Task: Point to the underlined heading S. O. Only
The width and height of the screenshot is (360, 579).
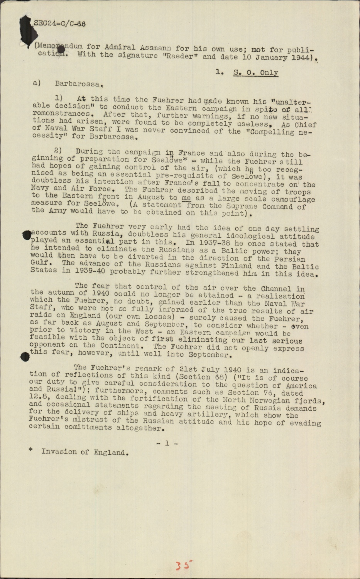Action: pyautogui.click(x=255, y=73)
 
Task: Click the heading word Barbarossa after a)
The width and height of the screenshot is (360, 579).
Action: pyautogui.click(x=79, y=83)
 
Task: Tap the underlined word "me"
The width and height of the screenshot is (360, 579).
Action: pyautogui.click(x=186, y=198)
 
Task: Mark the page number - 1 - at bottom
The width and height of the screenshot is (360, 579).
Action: pyautogui.click(x=167, y=443)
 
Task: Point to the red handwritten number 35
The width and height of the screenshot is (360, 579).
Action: pyautogui.click(x=184, y=566)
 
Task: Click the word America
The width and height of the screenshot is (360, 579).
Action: pyautogui.click(x=301, y=386)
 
